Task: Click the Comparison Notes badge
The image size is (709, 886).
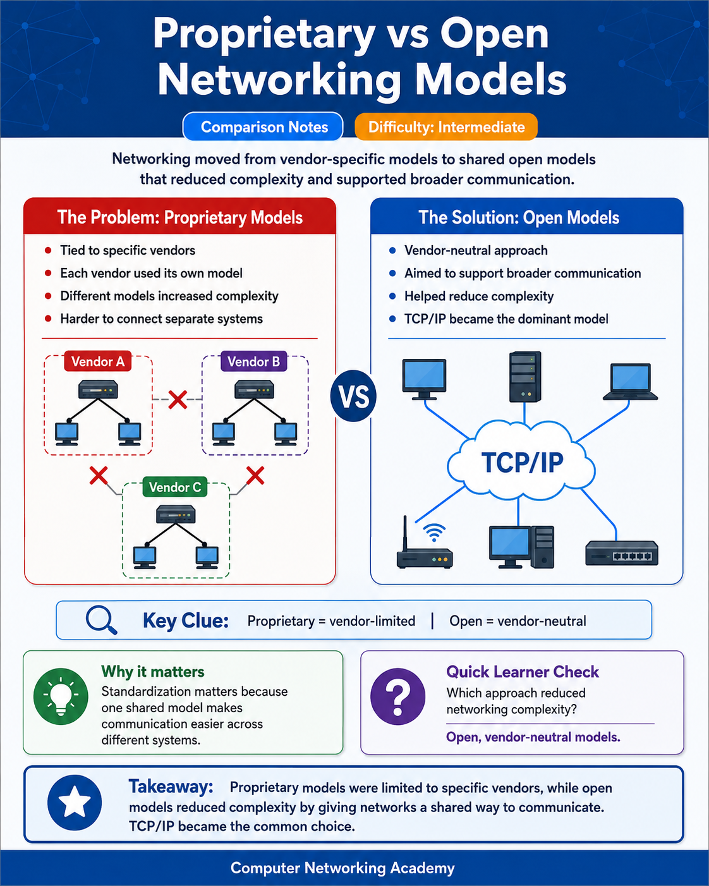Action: tap(263, 127)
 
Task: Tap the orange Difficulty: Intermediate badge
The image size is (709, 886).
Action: tap(446, 127)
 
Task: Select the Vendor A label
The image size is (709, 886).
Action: tap(97, 361)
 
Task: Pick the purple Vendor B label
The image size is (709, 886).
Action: tap(253, 361)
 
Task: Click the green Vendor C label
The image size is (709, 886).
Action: tap(174, 487)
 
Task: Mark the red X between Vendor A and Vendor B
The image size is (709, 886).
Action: tap(178, 399)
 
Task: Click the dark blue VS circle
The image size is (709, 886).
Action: tap(353, 396)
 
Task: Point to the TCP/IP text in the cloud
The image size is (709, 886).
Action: tap(522, 463)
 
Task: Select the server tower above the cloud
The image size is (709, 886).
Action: tap(525, 377)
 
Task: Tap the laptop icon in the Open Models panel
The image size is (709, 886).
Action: tap(630, 382)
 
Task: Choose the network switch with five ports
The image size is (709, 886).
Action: tap(622, 553)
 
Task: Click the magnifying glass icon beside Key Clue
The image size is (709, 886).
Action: tap(101, 620)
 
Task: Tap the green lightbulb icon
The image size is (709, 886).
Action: tap(61, 696)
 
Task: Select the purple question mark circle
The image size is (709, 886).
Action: tap(397, 696)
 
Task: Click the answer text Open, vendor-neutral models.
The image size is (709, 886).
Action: tap(533, 737)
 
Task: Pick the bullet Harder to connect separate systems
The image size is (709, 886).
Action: tap(161, 319)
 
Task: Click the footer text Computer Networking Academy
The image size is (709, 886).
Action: tap(342, 868)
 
